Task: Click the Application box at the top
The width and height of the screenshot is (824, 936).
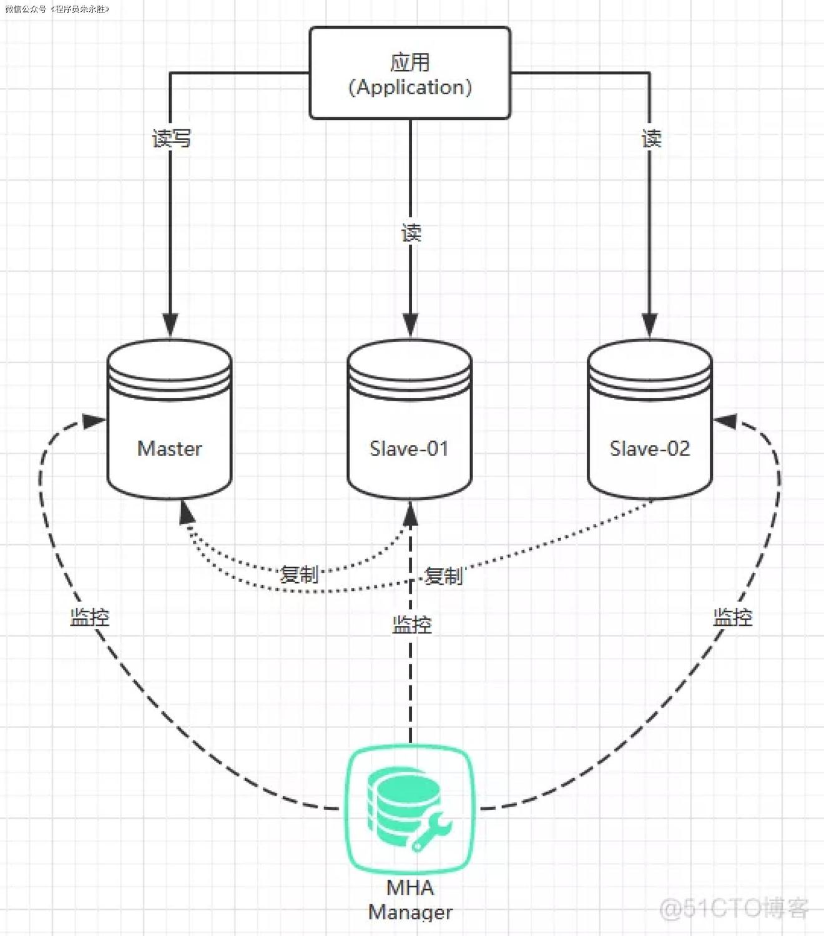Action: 410,73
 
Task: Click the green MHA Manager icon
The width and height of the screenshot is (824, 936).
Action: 410,809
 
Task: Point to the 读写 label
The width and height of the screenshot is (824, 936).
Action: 171,139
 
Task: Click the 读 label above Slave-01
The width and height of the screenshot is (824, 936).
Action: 411,233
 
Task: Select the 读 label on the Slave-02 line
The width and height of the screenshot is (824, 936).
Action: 651,139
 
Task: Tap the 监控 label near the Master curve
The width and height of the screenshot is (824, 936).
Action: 90,618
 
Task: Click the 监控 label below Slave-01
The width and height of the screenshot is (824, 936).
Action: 411,625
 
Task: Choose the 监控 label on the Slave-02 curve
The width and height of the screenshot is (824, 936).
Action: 733,618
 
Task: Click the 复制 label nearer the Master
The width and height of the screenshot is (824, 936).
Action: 299,574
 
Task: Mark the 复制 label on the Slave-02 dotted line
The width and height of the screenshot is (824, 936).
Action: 443,576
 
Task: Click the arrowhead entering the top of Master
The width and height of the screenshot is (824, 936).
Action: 170,325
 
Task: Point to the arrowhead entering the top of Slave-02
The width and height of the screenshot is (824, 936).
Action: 650,325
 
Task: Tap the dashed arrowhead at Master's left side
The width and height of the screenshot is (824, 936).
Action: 94,422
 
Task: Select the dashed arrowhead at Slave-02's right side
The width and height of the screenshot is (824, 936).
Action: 725,422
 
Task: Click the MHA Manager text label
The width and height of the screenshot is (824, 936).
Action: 410,899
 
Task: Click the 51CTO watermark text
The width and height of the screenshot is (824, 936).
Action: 734,908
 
